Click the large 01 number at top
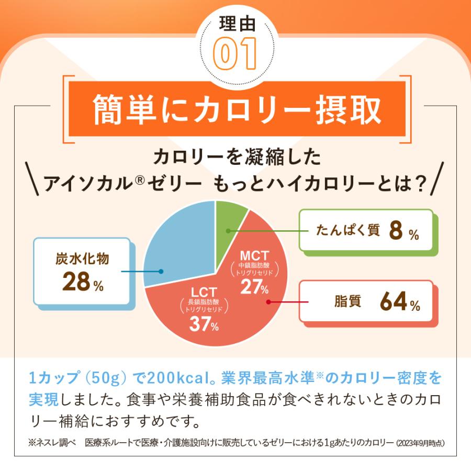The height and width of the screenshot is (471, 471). coord(235,54)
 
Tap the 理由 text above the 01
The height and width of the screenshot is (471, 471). coord(235,25)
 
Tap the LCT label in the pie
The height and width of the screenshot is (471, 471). coord(204,292)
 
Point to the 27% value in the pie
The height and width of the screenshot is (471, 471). coord(254,287)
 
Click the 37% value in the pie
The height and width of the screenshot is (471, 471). coord(204,325)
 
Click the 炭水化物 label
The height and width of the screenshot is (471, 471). coord(82,259)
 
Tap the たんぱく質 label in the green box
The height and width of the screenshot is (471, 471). coord(348,231)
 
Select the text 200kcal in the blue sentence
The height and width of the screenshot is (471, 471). coord(175,377)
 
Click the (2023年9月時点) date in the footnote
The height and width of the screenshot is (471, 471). coord(420,443)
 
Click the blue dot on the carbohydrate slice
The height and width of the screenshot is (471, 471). coord(161,272)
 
